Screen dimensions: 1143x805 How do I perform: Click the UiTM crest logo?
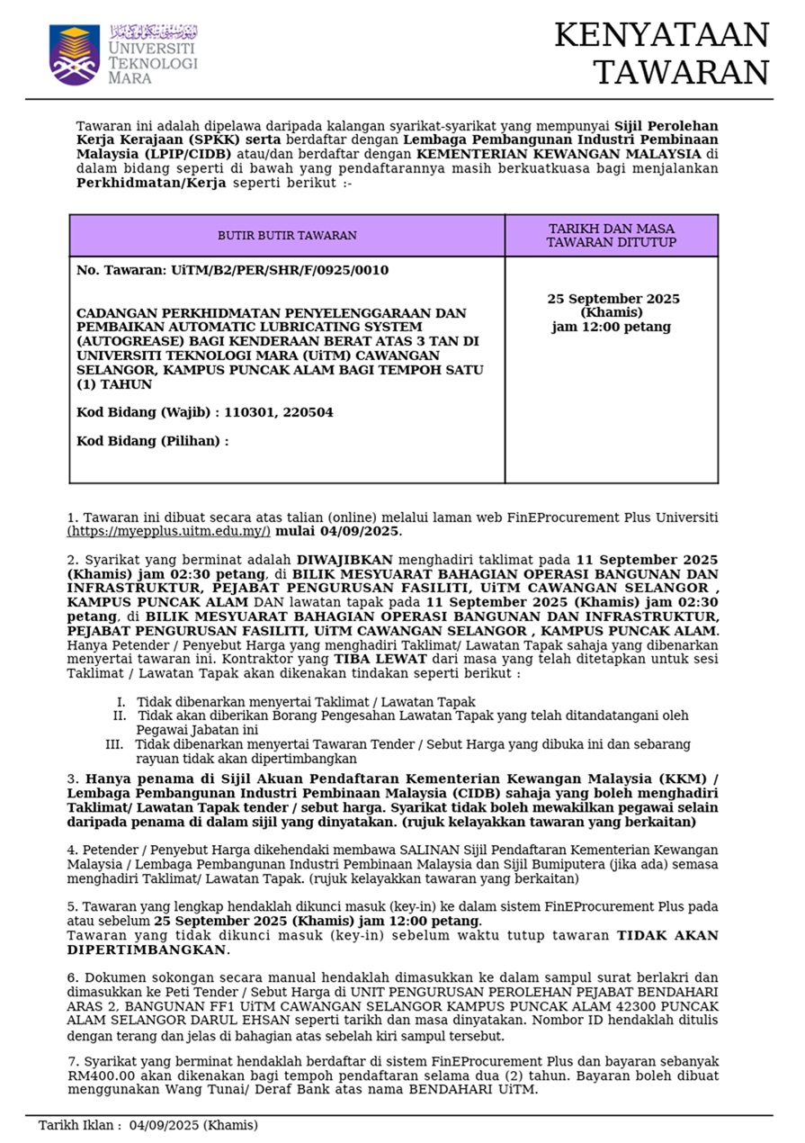pyautogui.click(x=74, y=55)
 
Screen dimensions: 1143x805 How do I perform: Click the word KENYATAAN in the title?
pyautogui.click(x=662, y=36)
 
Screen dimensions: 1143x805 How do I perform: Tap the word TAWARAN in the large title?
pyautogui.click(x=681, y=73)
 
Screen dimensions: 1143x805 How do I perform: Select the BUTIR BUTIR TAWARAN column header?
pyautogui.click(x=287, y=236)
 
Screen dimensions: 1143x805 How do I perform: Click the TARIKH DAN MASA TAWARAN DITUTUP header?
pyautogui.click(x=612, y=236)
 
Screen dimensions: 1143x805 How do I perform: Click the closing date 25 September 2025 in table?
pyautogui.click(x=613, y=299)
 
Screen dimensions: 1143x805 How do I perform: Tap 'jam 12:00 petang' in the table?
pyautogui.click(x=612, y=327)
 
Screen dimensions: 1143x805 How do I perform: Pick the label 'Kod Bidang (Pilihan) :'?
pyautogui.click(x=152, y=441)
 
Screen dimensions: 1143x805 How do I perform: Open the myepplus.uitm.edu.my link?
pyautogui.click(x=168, y=532)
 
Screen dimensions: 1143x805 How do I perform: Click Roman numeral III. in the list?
pyautogui.click(x=114, y=744)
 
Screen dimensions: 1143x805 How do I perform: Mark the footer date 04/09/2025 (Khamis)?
pyautogui.click(x=193, y=1125)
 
